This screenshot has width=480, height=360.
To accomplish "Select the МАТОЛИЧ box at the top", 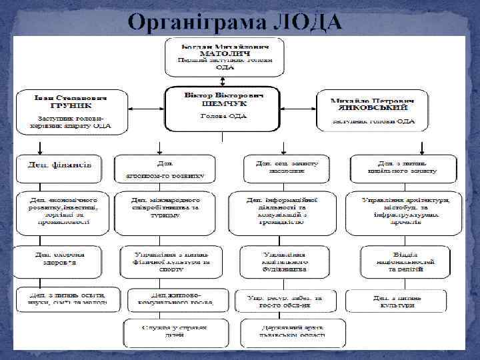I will pyautogui.click(x=225, y=57).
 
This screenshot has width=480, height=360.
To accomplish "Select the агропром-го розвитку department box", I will pyautogui.click(x=164, y=169).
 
